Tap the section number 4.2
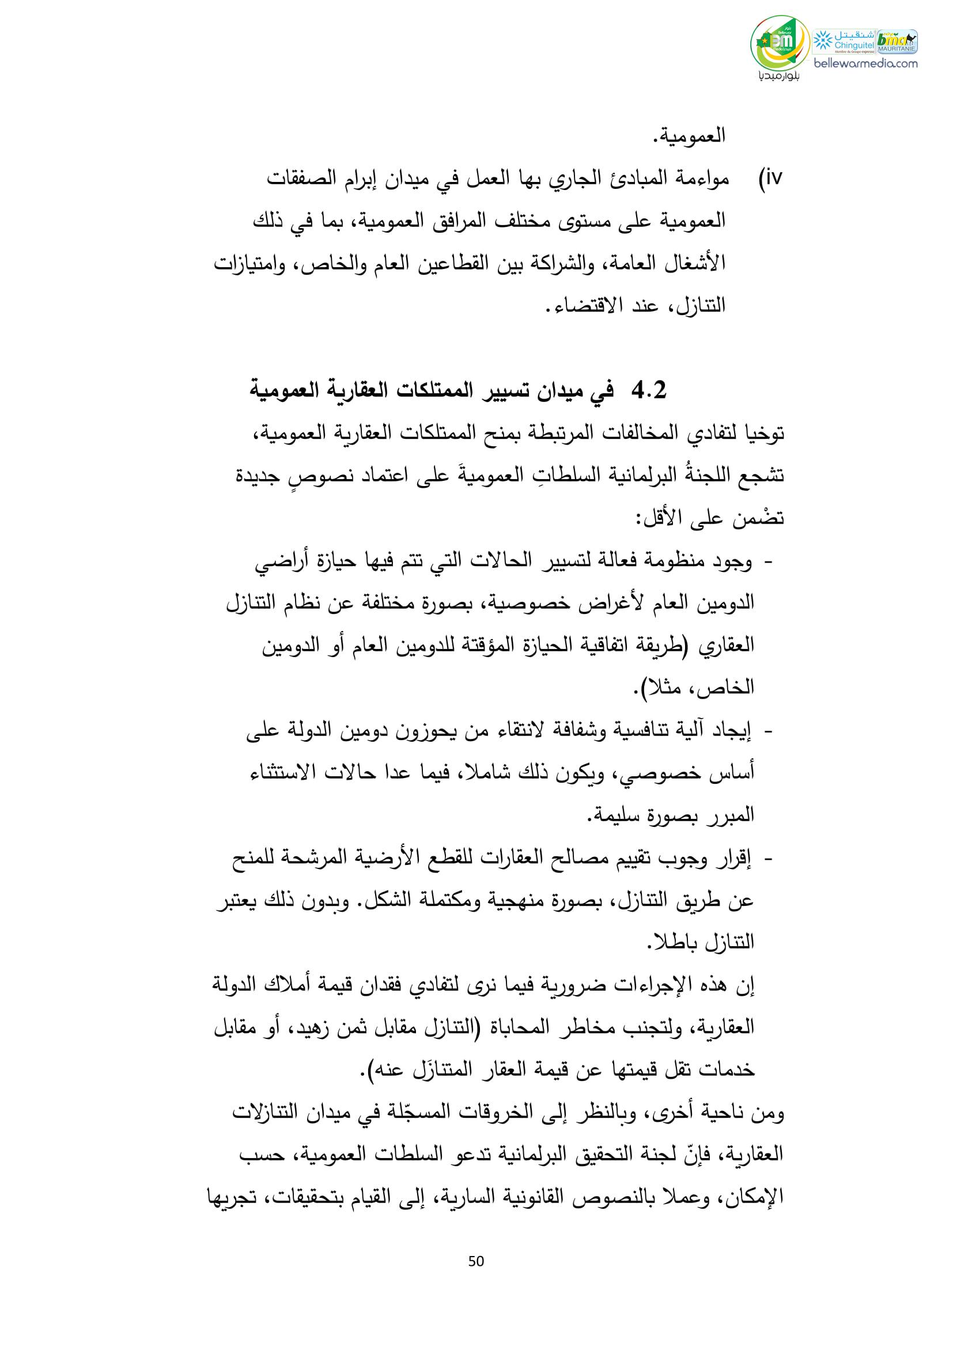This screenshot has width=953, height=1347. (648, 390)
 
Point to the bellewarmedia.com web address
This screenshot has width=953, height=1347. (865, 63)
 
